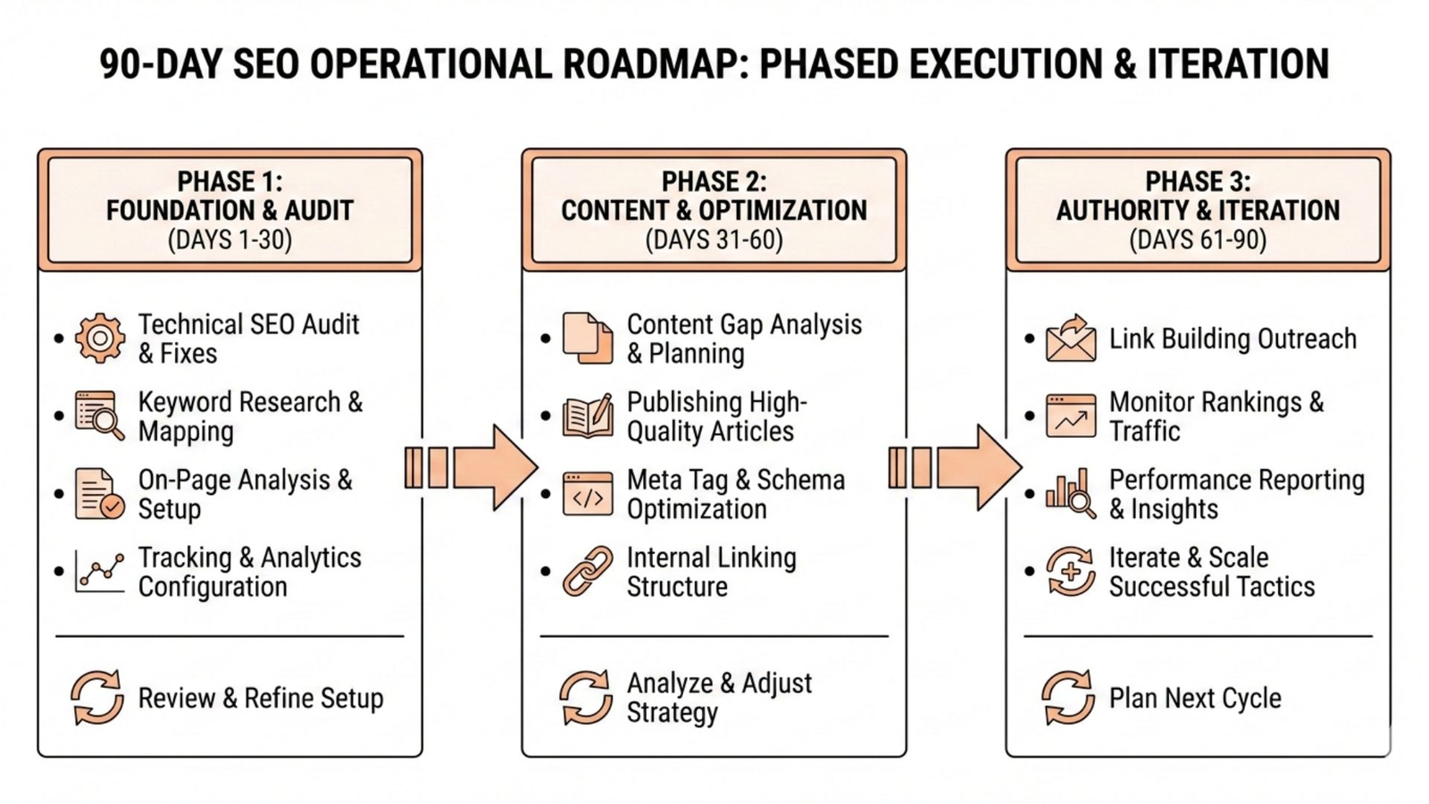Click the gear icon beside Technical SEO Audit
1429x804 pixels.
click(x=99, y=339)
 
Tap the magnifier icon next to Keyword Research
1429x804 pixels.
click(x=99, y=415)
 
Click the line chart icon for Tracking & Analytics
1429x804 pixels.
click(x=99, y=571)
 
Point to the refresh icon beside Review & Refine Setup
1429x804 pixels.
click(x=97, y=697)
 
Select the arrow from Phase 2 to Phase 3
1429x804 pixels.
click(x=956, y=467)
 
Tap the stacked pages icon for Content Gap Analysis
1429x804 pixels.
click(x=587, y=339)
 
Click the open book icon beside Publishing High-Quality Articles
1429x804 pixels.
click(x=588, y=416)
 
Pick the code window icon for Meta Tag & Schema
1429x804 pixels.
click(x=587, y=494)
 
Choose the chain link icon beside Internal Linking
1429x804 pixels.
click(x=587, y=572)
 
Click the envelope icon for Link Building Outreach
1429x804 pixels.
click(x=1071, y=339)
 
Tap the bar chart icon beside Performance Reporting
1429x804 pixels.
click(x=1071, y=493)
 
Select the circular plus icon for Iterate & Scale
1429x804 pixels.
click(x=1071, y=572)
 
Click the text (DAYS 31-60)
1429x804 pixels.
click(x=714, y=240)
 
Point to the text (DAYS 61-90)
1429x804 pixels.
click(x=1198, y=240)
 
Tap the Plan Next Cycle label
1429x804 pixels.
click(x=1195, y=698)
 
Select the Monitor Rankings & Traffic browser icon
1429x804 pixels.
click(x=1071, y=416)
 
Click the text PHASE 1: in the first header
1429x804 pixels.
click(x=230, y=181)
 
